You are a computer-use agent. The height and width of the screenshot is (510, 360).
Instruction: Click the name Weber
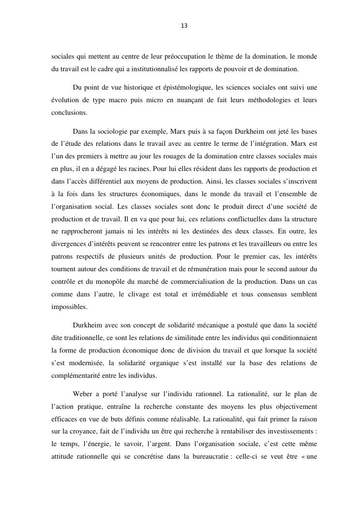pos(83,393)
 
